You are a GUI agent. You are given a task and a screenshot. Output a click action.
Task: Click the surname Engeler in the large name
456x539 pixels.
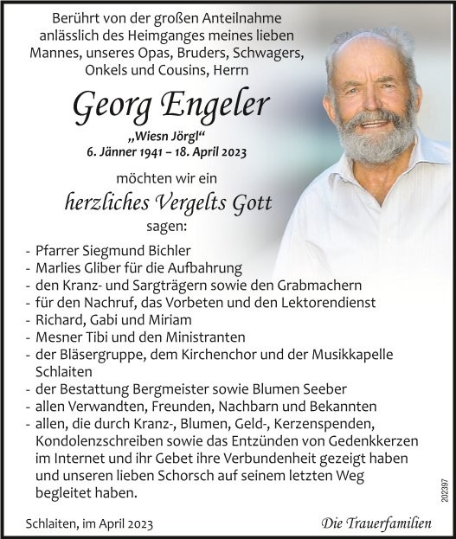(223, 107)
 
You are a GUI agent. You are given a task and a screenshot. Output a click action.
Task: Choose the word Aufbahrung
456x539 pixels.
(209, 268)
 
